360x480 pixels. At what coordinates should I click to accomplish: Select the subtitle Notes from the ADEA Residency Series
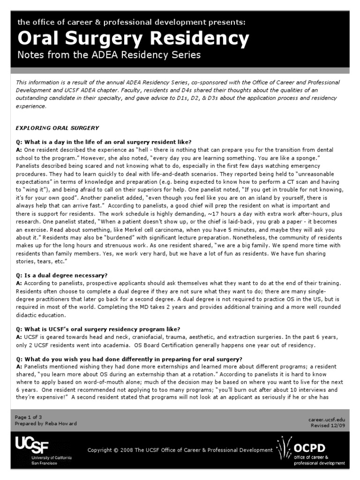[x=109, y=55]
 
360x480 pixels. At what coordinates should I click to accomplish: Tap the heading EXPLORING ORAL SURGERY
[x=57, y=128]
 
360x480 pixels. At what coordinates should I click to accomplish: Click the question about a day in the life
[x=104, y=142]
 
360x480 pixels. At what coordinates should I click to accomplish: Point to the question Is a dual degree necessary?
[x=68, y=276]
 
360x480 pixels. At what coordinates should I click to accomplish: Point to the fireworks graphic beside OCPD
[x=284, y=449]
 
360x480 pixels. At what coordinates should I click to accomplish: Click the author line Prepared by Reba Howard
[x=46, y=423]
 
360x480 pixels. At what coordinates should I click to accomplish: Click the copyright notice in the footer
[x=180, y=450]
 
